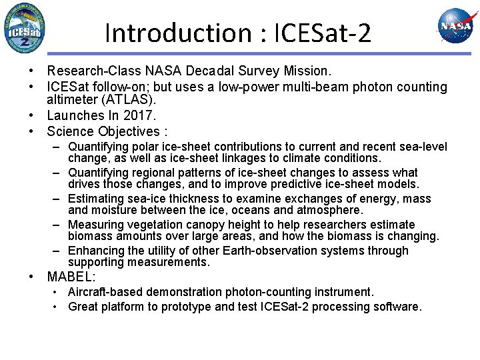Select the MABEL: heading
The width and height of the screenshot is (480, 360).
71,276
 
